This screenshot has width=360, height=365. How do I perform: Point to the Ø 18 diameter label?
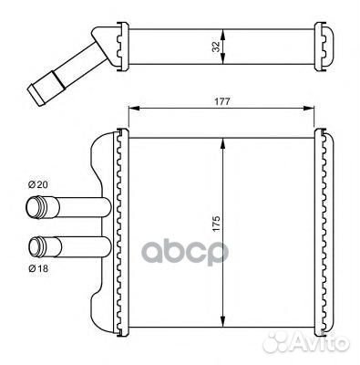coord(37,268)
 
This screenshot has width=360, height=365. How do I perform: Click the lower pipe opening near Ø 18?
coord(36,245)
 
